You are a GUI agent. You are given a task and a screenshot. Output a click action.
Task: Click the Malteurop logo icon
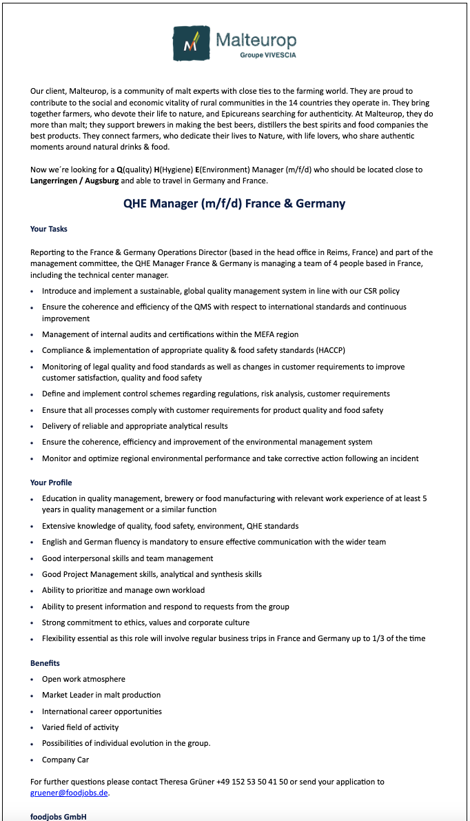[x=191, y=44]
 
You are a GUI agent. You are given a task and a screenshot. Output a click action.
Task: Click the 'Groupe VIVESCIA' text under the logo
[x=268, y=55]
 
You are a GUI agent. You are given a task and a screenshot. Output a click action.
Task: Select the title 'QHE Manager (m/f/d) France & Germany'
[x=234, y=203]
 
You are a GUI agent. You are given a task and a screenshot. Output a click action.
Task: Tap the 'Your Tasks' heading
[x=49, y=229]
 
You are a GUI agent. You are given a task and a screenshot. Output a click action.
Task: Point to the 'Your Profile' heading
[x=51, y=483]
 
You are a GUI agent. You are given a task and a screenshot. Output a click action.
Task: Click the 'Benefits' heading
[x=45, y=663]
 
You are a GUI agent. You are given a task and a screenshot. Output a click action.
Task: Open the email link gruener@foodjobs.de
[x=69, y=793]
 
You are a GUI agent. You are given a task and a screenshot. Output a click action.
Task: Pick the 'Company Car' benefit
[x=65, y=760]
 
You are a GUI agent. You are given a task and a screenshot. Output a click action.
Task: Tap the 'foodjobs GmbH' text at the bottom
[x=59, y=817]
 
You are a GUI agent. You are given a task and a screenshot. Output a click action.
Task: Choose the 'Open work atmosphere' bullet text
[x=83, y=679]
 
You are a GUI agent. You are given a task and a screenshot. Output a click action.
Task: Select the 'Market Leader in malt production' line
[x=101, y=695]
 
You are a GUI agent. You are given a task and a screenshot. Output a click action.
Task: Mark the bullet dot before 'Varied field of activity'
[x=32, y=728]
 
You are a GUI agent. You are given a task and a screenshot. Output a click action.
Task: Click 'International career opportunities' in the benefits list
[x=102, y=711]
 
